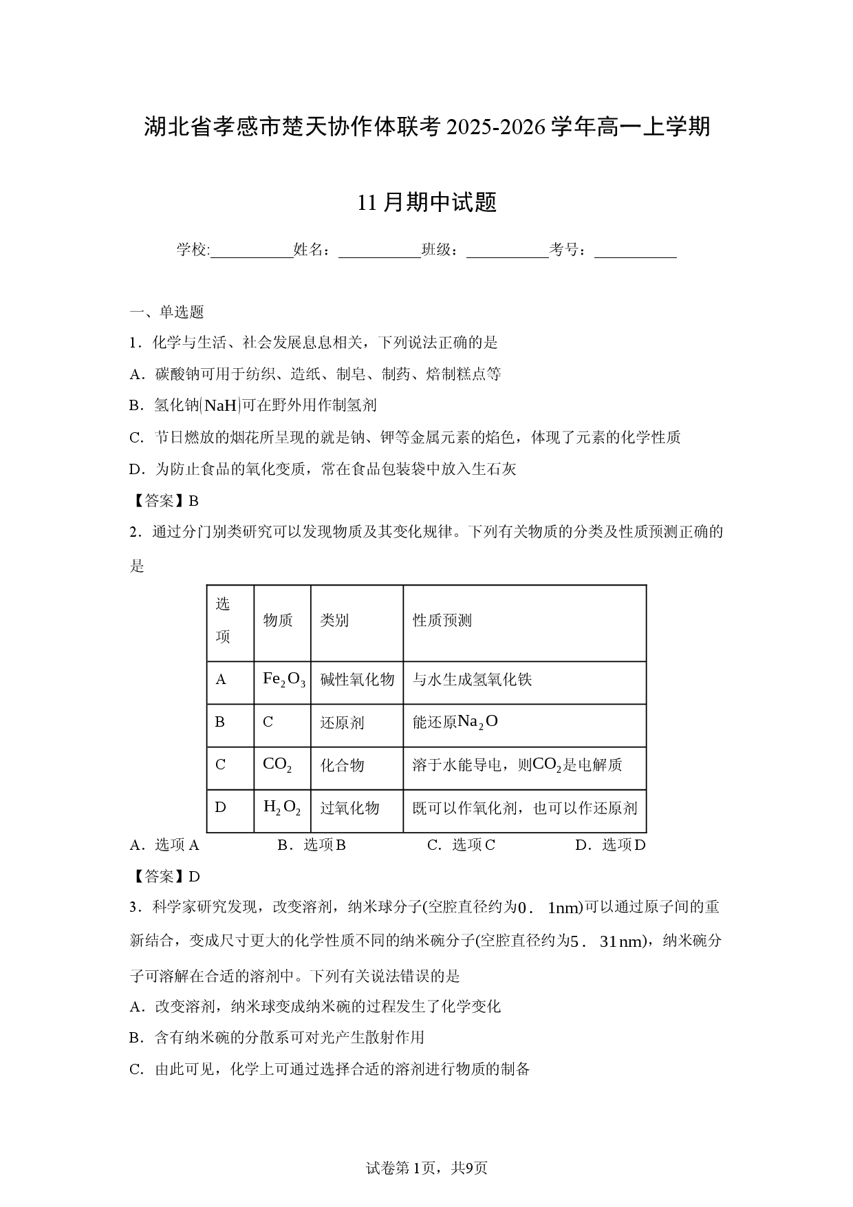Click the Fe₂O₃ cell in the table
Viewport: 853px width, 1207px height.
tap(283, 680)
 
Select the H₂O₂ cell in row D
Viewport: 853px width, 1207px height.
tap(282, 808)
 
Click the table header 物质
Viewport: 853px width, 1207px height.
tap(278, 621)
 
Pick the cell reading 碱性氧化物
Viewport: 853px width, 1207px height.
tap(357, 680)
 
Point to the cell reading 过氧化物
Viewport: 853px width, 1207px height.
tap(349, 808)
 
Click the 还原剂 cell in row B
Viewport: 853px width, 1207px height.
tap(342, 723)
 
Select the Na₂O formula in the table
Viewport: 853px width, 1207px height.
tap(477, 722)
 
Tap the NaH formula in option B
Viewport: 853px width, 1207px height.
tap(220, 405)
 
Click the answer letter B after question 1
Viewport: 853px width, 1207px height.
tap(193, 501)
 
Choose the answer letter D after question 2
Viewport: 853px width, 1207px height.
tap(194, 877)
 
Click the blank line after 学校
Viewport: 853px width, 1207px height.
tap(252, 250)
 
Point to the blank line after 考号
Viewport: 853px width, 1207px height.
tap(635, 250)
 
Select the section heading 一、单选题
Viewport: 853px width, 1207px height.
tap(167, 312)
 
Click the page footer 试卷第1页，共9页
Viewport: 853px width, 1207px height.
tap(426, 1168)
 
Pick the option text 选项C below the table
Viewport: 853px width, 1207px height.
tap(473, 845)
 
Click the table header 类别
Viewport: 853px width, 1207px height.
tap(334, 621)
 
